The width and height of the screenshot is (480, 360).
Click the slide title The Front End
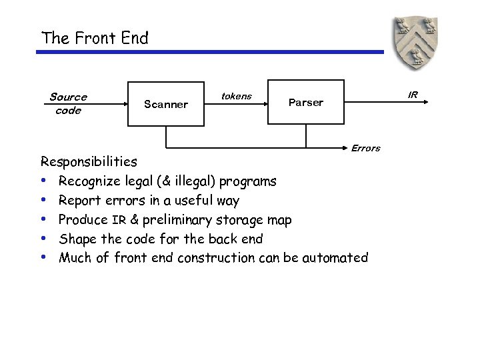click(x=95, y=38)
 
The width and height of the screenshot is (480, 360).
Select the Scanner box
click(x=166, y=104)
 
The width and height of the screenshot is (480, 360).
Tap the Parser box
click(x=305, y=103)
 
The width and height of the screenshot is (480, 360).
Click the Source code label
click(x=68, y=104)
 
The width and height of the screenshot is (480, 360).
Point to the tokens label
click(x=236, y=96)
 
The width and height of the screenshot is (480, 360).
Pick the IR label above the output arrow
click(x=413, y=95)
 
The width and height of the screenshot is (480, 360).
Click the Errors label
click(x=365, y=148)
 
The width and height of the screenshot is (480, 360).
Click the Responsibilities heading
click(x=89, y=161)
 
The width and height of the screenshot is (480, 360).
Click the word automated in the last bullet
click(x=335, y=257)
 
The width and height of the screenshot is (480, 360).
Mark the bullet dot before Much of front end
click(x=44, y=257)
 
